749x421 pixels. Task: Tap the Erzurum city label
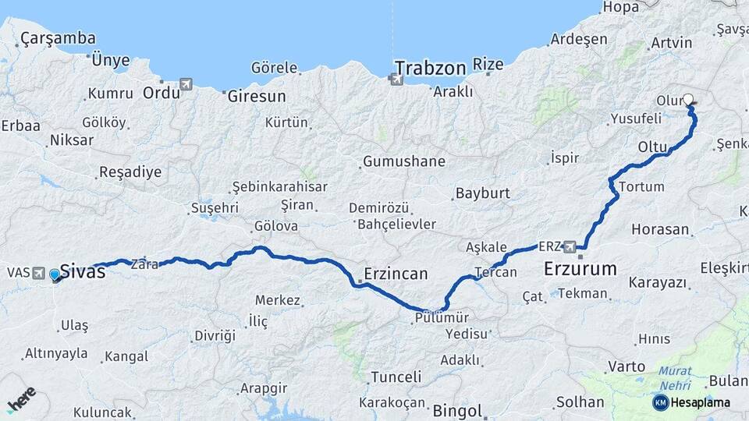coord(580,269)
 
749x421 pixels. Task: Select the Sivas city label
coord(82,273)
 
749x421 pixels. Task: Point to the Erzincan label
coord(396,274)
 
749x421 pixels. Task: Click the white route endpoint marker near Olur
coord(688,100)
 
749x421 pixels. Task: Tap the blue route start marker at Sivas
coord(55,274)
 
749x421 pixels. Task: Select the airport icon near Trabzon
coord(396,78)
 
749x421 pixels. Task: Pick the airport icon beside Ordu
coord(185,84)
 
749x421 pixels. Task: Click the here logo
coord(21,398)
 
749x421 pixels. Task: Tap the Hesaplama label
coord(701,402)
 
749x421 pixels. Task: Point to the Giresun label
coord(257,97)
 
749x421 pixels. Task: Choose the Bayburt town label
coord(482,193)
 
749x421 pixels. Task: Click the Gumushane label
coord(403,161)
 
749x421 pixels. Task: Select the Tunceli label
coord(396,377)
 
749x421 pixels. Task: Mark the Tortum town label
coord(641,187)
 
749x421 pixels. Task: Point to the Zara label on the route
coord(145,264)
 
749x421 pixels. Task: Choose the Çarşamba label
coord(59,37)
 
